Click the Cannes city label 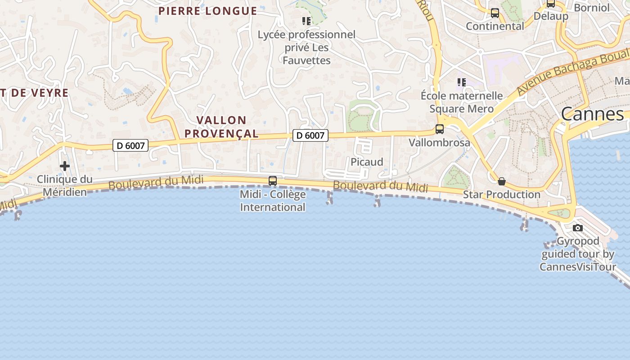(592, 114)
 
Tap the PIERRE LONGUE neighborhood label (207, 11)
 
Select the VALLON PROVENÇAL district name (221, 126)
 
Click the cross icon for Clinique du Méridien (65, 166)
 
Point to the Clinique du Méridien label (64, 185)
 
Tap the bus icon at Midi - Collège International (273, 181)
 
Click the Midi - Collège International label (273, 201)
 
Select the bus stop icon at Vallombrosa (440, 129)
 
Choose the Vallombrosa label (439, 143)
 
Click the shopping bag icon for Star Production (502, 181)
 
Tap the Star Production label (502, 194)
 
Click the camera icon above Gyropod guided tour (578, 228)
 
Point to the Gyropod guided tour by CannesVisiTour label (578, 254)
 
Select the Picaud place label (367, 162)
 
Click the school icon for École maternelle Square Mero (462, 82)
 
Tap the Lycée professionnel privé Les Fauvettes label (306, 47)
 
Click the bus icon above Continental (495, 13)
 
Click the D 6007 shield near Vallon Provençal (310, 135)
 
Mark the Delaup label (551, 16)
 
